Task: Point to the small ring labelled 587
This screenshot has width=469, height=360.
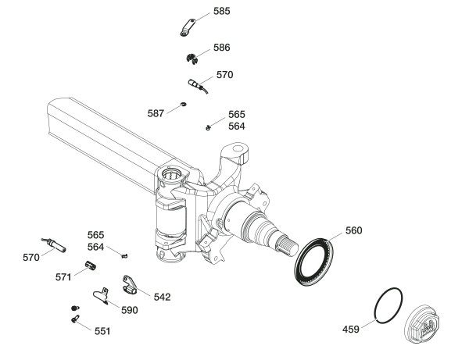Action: (x=182, y=103)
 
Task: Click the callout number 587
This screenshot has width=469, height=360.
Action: (x=156, y=113)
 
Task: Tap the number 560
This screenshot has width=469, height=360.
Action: (x=353, y=231)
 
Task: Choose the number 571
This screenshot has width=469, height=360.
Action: (x=63, y=276)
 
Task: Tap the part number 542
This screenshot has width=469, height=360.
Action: (x=162, y=297)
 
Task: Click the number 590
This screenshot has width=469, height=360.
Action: (x=129, y=310)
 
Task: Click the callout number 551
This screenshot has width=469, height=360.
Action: (x=102, y=331)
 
